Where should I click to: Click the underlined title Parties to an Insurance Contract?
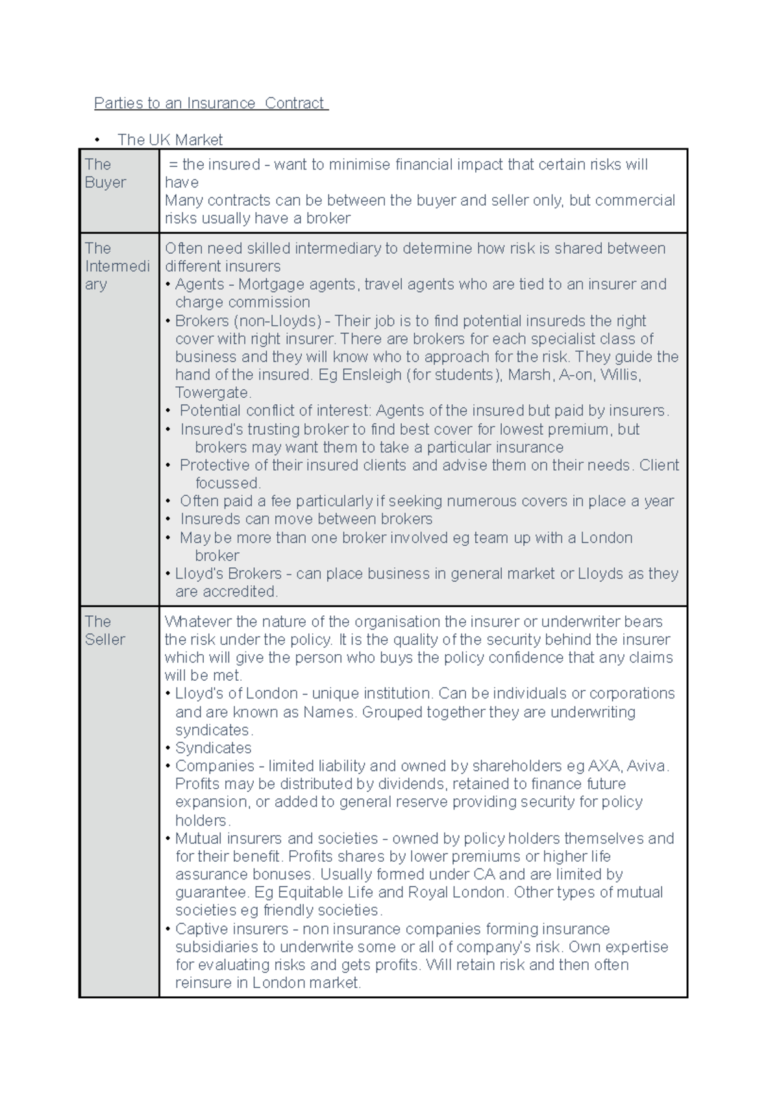point(211,103)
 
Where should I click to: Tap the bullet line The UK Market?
point(169,140)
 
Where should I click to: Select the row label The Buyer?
point(105,173)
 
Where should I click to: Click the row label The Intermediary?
point(117,266)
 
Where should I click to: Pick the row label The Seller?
point(105,630)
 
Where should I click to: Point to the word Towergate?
point(212,393)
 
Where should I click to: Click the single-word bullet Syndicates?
point(213,748)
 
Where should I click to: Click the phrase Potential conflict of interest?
point(275,410)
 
